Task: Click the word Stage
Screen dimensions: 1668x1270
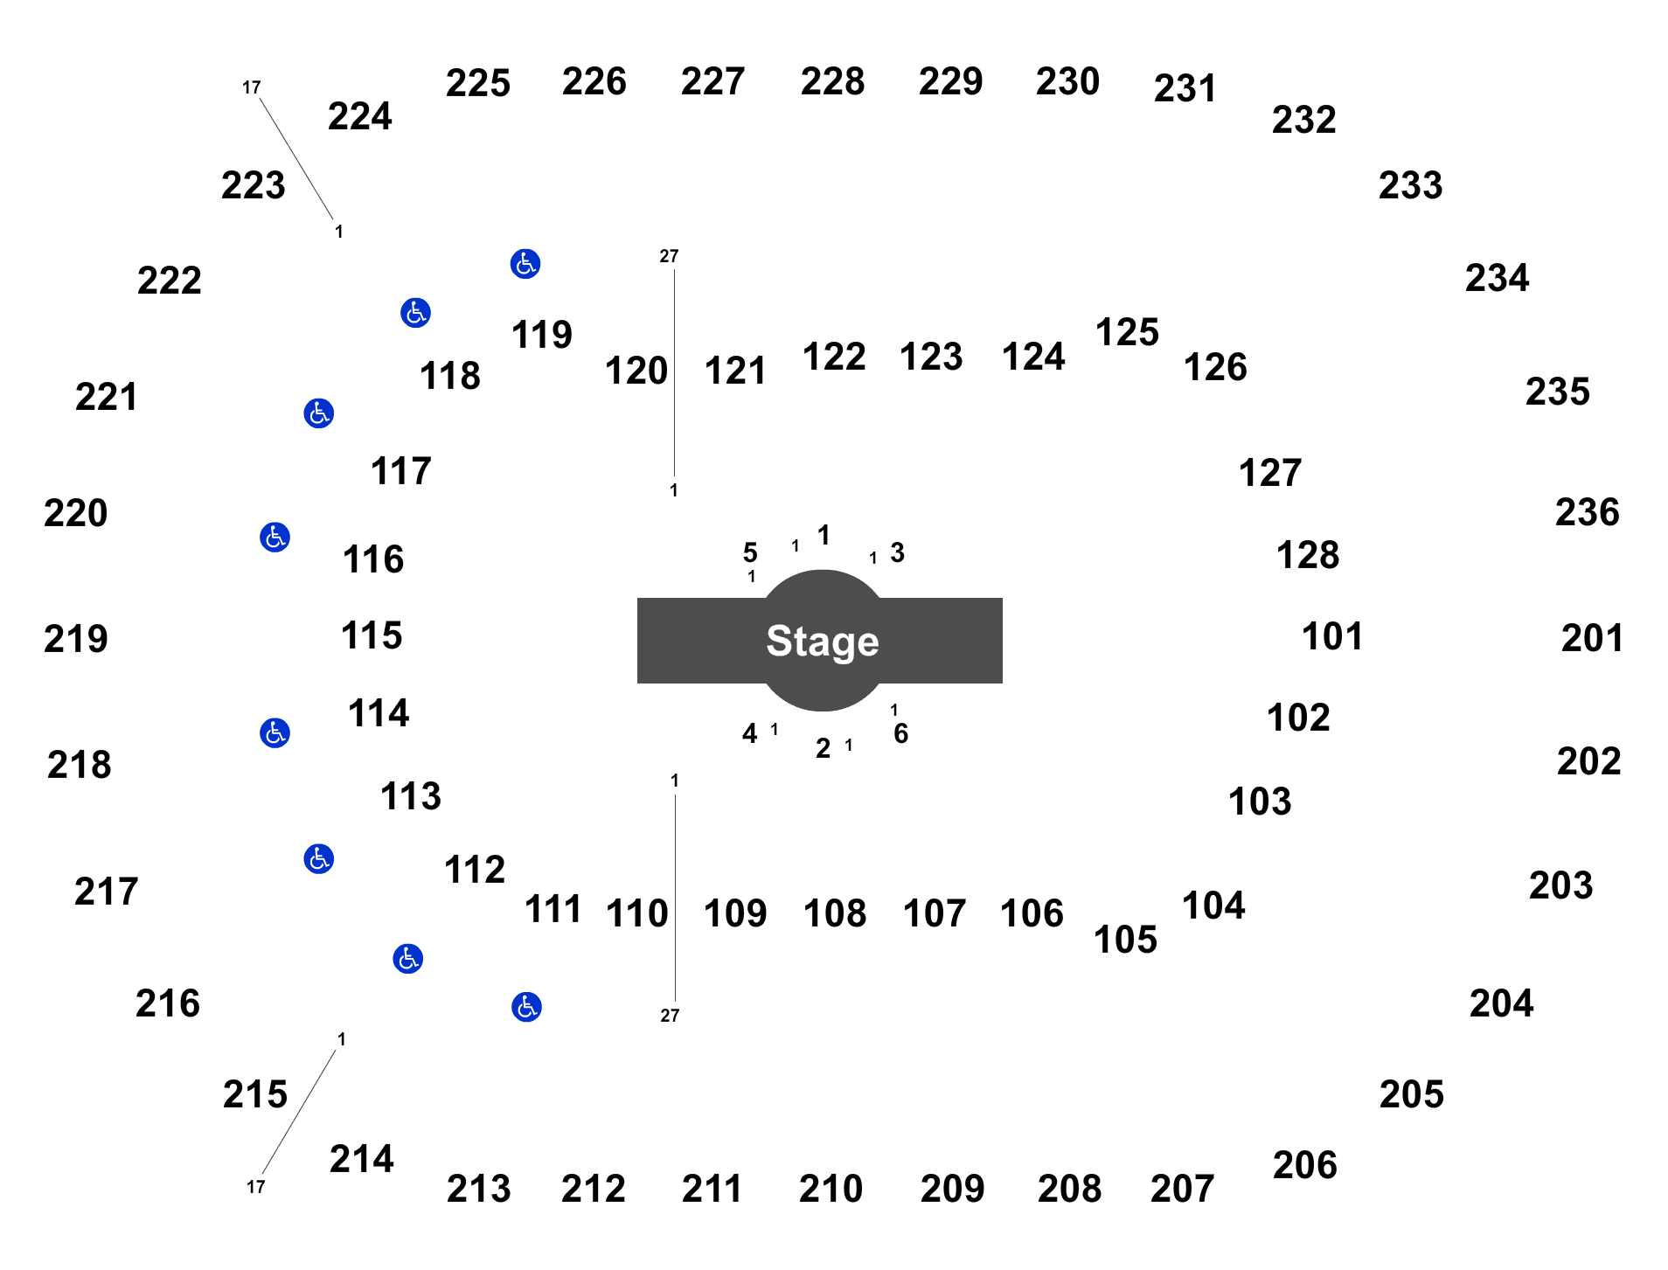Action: tap(823, 641)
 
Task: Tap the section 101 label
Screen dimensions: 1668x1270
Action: tap(1332, 636)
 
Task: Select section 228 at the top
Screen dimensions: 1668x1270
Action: tap(832, 81)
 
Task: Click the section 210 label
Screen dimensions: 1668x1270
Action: tap(831, 1189)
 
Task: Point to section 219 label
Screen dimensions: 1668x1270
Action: tap(76, 639)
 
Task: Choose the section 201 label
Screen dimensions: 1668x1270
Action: tap(1592, 638)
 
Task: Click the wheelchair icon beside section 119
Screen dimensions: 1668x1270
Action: tap(525, 263)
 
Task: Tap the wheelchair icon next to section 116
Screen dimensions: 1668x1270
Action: tap(275, 537)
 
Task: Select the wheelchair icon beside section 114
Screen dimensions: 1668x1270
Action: tap(275, 732)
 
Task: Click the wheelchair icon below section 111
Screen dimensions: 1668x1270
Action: tap(526, 1007)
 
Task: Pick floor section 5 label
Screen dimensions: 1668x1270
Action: tap(750, 552)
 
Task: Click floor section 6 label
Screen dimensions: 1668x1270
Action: tap(901, 733)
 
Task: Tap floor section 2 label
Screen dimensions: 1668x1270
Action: tap(824, 748)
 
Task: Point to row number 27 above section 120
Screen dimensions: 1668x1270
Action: tap(669, 256)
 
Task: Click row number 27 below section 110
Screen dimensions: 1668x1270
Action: tap(670, 1016)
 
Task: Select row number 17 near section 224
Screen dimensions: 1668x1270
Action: tap(252, 87)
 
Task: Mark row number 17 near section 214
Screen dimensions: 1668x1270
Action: tap(255, 1187)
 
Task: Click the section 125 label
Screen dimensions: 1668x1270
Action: tap(1127, 332)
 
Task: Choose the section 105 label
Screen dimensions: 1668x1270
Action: tap(1125, 940)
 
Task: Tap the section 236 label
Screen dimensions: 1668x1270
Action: tap(1588, 512)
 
